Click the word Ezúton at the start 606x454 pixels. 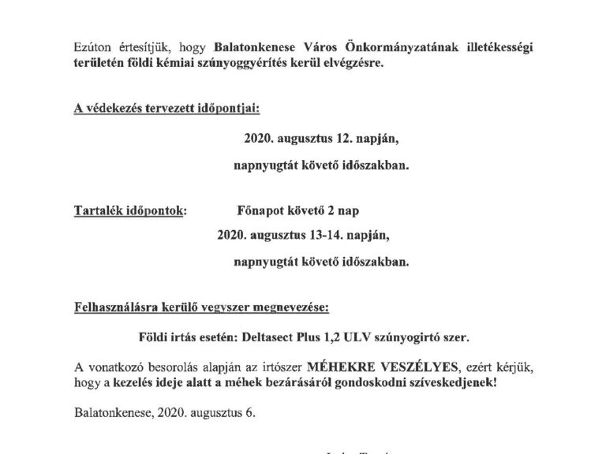(x=86, y=47)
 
